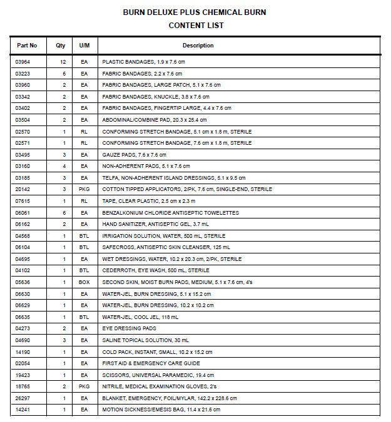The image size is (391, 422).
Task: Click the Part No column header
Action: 27,46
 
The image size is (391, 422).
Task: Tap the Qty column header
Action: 61,46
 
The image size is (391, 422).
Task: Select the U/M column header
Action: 84,46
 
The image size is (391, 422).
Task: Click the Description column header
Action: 198,46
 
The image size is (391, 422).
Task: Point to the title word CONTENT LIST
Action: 196,26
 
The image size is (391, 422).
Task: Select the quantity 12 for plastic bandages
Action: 63,62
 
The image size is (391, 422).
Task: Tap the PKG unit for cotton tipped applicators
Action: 84,189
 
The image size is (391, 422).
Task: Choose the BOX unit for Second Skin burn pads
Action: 84,282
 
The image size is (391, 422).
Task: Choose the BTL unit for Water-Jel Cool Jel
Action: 84,316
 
